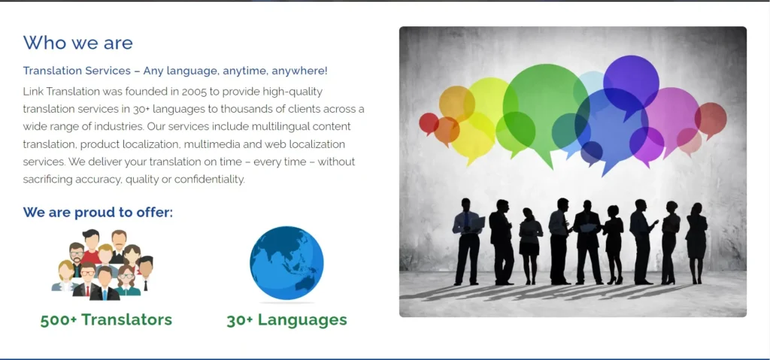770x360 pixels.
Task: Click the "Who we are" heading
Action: click(78, 43)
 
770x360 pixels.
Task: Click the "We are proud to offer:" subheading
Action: click(98, 212)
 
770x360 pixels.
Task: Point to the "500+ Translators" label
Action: click(106, 319)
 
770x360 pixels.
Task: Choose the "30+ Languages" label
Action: click(286, 319)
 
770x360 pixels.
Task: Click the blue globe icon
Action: click(286, 263)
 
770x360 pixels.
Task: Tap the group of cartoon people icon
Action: click(102, 265)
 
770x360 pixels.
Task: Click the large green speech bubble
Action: click(544, 108)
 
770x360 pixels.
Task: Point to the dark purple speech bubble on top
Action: click(631, 84)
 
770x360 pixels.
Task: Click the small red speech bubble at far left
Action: click(429, 123)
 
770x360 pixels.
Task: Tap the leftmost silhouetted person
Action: click(467, 242)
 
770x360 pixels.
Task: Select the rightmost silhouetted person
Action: click(696, 243)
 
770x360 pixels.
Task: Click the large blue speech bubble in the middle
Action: click(611, 128)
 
